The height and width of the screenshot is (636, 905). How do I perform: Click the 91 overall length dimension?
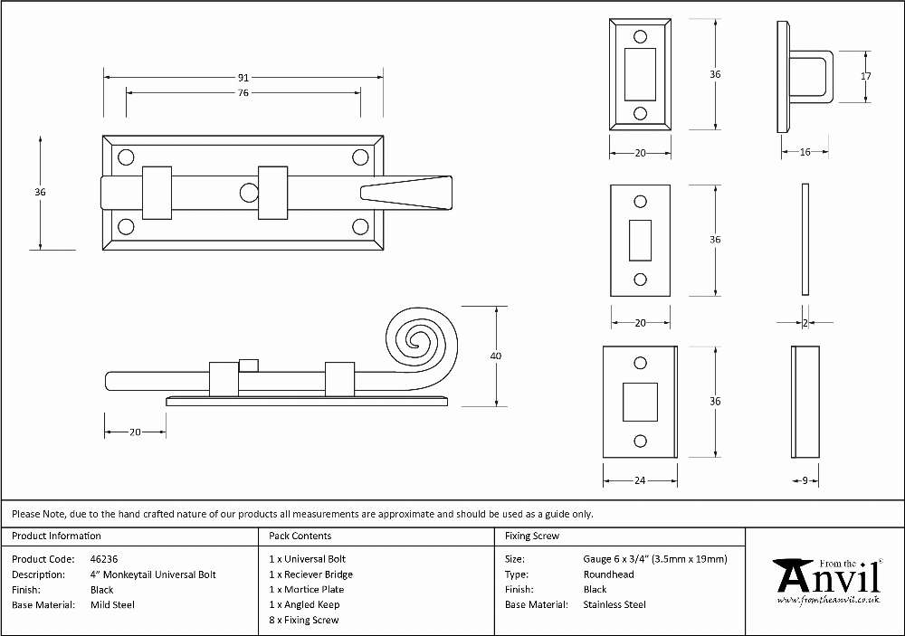click(x=243, y=77)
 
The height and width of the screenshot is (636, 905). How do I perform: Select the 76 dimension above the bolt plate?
click(x=243, y=92)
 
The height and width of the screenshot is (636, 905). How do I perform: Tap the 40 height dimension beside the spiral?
click(x=496, y=356)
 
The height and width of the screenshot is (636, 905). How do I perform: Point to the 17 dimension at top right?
click(x=866, y=76)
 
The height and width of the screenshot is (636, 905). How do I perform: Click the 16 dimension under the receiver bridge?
click(x=805, y=152)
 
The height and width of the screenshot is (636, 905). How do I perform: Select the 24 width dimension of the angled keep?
click(x=640, y=480)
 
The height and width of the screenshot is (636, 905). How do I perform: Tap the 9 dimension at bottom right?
click(x=805, y=480)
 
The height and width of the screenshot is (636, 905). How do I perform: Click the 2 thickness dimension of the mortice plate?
click(x=805, y=323)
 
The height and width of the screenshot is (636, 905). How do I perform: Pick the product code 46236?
click(x=104, y=559)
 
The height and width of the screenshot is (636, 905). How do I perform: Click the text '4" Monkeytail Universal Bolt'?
click(x=153, y=574)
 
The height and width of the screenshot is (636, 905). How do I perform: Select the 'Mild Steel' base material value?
click(x=112, y=605)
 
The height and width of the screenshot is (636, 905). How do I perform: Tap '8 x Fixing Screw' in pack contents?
click(x=303, y=620)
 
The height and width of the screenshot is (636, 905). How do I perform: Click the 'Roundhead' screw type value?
click(x=608, y=574)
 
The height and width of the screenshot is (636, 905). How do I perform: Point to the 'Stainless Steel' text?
click(x=614, y=605)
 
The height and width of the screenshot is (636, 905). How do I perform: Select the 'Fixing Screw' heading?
click(x=532, y=536)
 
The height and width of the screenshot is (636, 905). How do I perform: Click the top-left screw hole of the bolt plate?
click(x=126, y=157)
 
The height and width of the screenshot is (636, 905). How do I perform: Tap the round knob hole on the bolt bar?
click(x=249, y=193)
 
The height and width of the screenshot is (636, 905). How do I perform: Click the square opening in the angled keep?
click(x=640, y=402)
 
